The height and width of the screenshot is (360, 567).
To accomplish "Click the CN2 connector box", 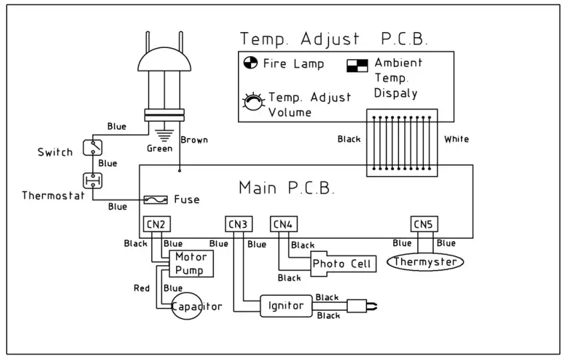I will point(154,225).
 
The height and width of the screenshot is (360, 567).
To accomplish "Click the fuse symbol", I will point(156,200).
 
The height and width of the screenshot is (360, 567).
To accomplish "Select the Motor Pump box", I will point(191,264).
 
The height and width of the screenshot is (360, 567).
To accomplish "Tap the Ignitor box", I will point(286,306).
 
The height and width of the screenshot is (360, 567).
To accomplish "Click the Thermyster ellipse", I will point(425,263).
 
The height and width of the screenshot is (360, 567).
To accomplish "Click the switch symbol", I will point(92,147).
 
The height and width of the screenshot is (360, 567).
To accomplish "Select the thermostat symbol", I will point(92,180).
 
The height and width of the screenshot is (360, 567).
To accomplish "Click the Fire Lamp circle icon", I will point(250,64).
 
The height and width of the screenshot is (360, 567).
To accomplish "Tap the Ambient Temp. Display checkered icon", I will point(356,65).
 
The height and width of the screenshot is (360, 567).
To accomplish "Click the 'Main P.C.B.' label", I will point(286,189).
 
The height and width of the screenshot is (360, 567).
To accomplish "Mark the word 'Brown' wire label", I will point(195,140).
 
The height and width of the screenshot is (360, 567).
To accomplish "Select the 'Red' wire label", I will point(141,288).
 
